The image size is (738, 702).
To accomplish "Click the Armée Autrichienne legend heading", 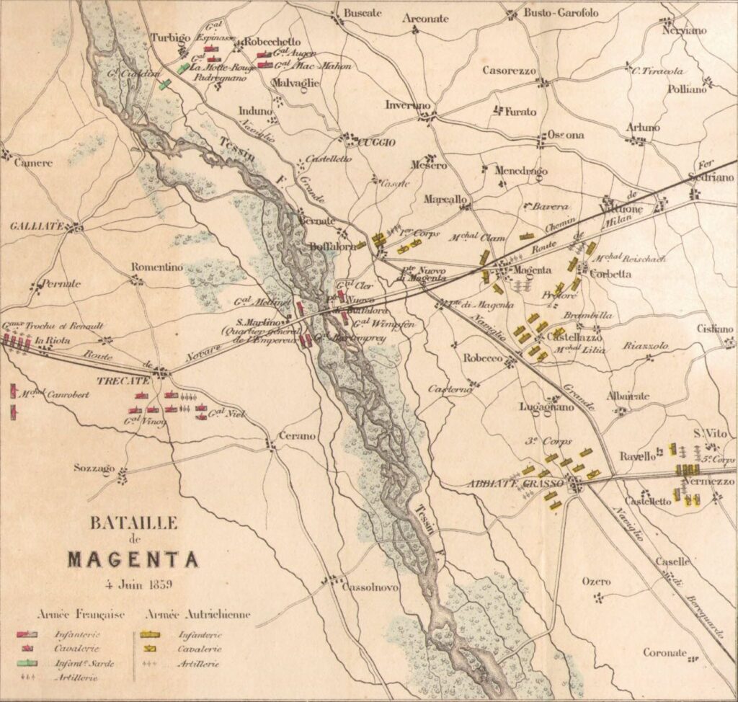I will [198, 615].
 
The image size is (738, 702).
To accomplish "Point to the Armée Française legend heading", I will [81, 615].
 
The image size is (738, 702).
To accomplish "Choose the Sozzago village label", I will [94, 468].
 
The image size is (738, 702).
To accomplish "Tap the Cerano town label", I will [295, 435].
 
